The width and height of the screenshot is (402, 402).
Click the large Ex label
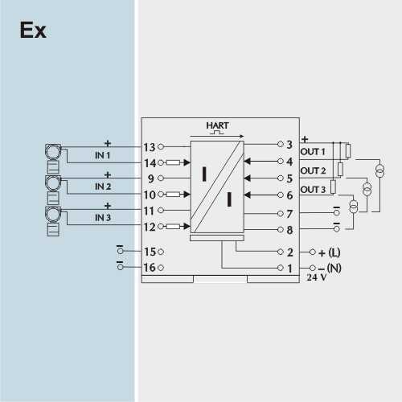tap(33, 30)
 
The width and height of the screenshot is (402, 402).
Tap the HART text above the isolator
tap(217, 125)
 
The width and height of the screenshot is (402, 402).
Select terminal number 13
tap(150, 147)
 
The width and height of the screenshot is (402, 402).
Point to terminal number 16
tap(150, 268)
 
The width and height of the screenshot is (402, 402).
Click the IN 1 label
tap(103, 155)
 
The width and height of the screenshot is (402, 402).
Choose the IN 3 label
tap(103, 218)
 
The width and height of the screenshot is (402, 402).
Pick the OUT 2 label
tap(313, 170)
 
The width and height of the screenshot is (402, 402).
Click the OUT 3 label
tap(313, 190)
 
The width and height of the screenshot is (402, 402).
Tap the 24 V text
tap(317, 277)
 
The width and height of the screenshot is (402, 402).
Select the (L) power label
tap(334, 252)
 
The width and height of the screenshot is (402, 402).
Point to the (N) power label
tap(334, 268)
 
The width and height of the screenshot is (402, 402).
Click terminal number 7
tap(289, 214)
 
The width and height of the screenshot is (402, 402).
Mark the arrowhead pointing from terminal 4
tap(247, 162)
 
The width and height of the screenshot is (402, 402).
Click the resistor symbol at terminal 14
tap(173, 162)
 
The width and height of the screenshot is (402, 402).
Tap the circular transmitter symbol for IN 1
tap(53, 152)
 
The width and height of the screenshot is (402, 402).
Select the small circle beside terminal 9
tap(161, 178)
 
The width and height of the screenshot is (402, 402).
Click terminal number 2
tap(290, 252)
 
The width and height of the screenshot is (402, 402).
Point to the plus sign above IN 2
tap(108, 174)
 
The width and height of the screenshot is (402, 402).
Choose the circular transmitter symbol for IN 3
tap(53, 215)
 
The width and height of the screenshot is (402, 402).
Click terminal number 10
tap(150, 195)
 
